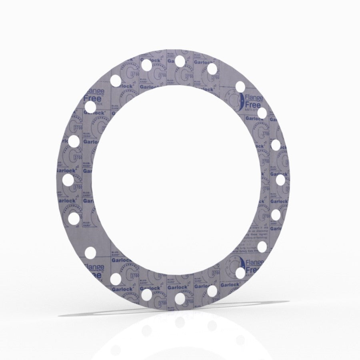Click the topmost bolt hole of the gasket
(180, 60)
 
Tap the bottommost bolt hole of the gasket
(180, 298)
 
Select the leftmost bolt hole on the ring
(68, 180)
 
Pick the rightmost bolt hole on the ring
(280, 180)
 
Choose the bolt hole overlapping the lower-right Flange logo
(240, 273)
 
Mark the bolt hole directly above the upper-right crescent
(240, 86)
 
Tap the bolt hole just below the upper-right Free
(262, 113)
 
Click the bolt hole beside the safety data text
(262, 246)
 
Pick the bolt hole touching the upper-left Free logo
(90, 107)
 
